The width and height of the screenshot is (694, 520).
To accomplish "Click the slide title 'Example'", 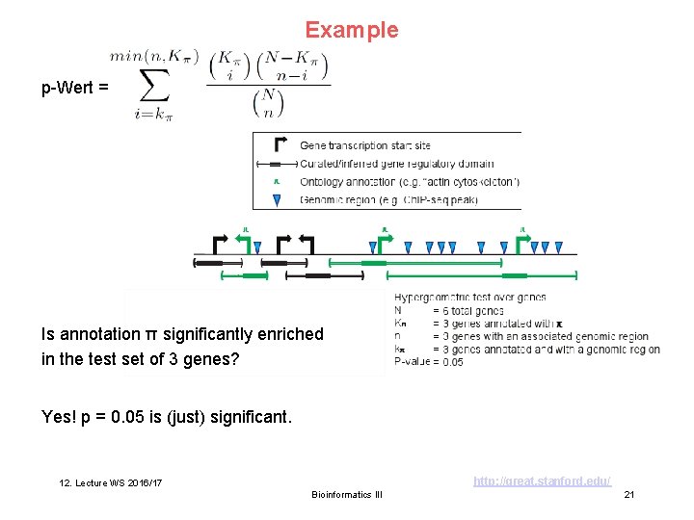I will click(351, 30).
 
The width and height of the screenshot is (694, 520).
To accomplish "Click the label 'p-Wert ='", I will click(74, 89).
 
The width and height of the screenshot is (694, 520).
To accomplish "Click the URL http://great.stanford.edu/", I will click(542, 480).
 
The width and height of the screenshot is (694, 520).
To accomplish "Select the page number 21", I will click(628, 494).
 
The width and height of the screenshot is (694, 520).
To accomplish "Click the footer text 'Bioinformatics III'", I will click(347, 494).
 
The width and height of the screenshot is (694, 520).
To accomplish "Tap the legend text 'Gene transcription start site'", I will click(365, 145).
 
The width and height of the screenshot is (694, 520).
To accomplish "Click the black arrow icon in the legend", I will click(280, 145).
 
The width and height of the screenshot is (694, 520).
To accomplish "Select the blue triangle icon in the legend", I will click(277, 200).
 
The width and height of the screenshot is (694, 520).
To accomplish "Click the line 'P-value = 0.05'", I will click(429, 362).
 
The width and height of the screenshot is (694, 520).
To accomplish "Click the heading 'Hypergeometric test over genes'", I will click(470, 298).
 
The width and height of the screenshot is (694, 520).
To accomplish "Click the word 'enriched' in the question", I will click(285, 334).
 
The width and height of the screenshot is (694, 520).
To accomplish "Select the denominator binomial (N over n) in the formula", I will click(267, 103).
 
